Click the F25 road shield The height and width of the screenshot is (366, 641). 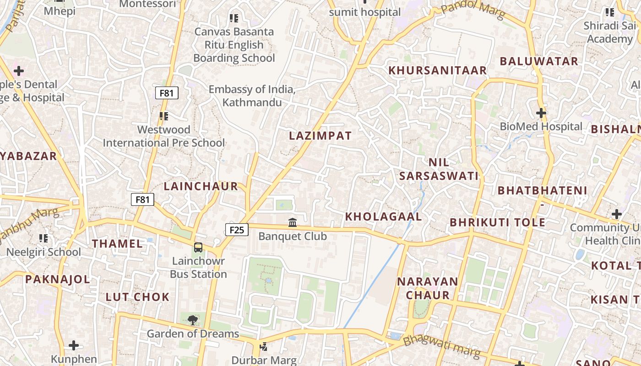click(237, 230)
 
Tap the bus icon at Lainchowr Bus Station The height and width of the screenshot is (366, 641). click(198, 248)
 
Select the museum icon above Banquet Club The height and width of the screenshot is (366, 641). click(293, 223)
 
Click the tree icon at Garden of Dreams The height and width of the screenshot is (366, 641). click(193, 320)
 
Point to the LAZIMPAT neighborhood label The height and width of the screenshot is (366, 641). click(320, 136)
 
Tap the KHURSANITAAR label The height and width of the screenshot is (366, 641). click(437, 70)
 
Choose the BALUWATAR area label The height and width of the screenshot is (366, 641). click(539, 61)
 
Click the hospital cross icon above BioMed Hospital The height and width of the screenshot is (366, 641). click(541, 113)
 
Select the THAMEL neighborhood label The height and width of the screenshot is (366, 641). click(118, 243)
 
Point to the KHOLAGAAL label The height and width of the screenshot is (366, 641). click(383, 216)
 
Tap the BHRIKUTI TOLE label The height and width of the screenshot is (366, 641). click(497, 223)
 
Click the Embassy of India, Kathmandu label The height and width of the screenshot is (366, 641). click(252, 96)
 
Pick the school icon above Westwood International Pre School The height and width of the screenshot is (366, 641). click(163, 116)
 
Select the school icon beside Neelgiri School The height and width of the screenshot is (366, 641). click(43, 238)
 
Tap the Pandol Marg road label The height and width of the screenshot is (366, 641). click(473, 10)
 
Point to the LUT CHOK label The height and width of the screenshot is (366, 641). click(138, 297)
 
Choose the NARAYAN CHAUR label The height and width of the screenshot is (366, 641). click(428, 288)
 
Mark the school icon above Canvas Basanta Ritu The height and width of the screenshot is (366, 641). click(234, 18)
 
